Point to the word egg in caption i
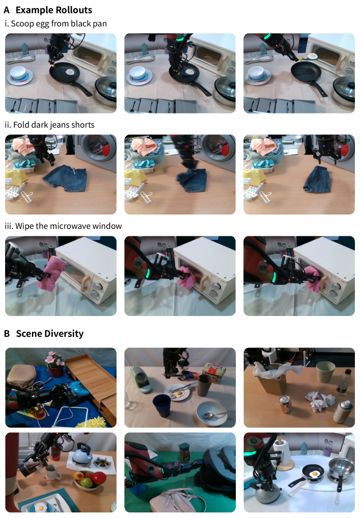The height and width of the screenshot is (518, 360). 38,24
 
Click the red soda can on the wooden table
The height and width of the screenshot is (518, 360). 286,404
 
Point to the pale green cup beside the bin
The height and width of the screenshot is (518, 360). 326,372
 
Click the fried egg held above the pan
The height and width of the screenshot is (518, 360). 312,56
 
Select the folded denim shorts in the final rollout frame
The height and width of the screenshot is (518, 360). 317,179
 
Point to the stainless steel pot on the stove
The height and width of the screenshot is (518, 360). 341,466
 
